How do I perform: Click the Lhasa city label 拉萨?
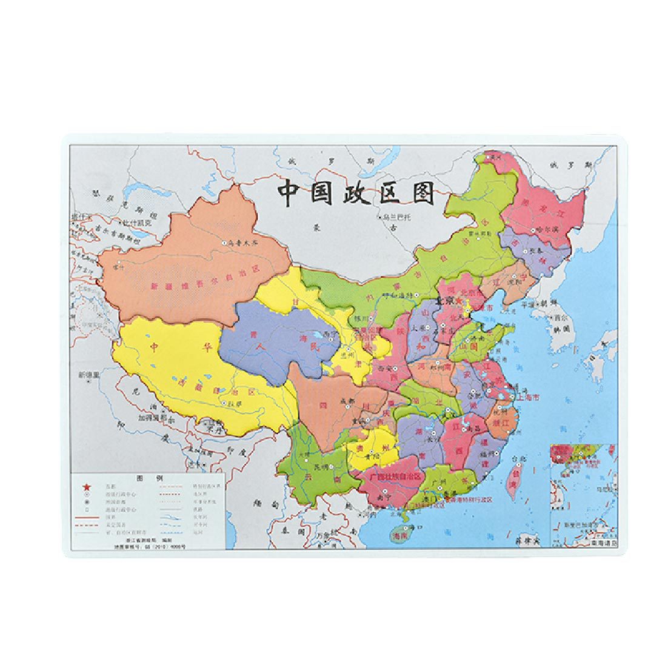point(235,403)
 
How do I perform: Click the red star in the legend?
point(86,486)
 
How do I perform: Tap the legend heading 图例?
point(148,478)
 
